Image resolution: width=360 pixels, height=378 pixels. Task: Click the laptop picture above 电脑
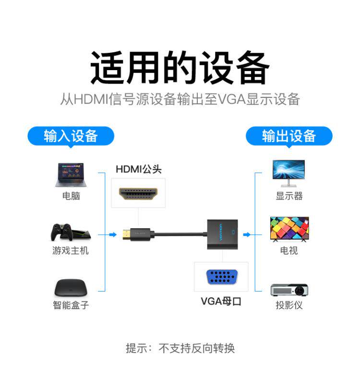(71, 175)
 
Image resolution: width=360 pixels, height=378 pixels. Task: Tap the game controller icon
(61, 232)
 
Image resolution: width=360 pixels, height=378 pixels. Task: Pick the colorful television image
(289, 229)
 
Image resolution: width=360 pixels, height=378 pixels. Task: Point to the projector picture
(289, 290)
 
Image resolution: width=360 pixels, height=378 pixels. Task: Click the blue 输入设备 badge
(71, 136)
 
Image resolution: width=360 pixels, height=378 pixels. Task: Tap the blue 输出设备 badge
(289, 136)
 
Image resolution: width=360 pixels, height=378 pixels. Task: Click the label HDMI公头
(139, 169)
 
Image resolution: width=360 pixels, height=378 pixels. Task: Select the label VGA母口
(221, 301)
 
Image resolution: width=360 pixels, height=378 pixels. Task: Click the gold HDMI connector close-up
(138, 194)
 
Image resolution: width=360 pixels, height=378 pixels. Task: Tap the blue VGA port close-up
(222, 277)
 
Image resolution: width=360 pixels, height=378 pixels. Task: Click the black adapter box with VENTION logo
(222, 234)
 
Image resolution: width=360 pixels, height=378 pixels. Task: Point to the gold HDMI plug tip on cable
(126, 235)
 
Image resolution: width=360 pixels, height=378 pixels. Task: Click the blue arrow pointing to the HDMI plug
(113, 234)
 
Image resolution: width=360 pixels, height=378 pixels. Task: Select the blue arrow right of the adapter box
(247, 234)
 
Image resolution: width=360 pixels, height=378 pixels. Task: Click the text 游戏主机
(71, 250)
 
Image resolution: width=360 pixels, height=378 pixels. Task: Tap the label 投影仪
(289, 305)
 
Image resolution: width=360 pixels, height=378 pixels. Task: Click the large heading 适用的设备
(180, 68)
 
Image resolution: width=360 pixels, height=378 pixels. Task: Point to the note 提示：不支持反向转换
(180, 348)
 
